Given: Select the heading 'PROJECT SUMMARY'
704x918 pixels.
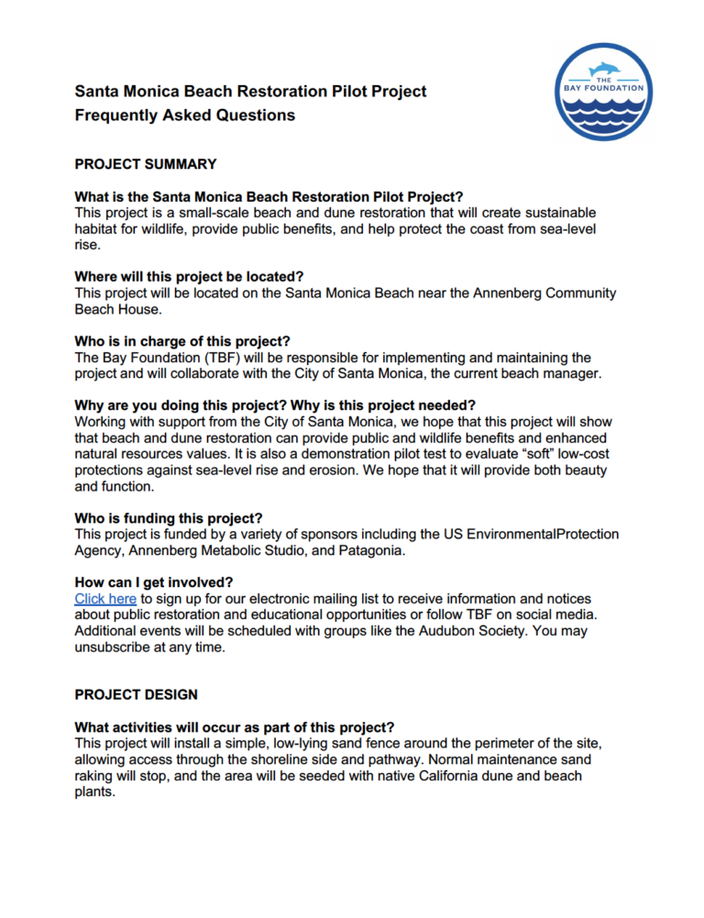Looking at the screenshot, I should (145, 165).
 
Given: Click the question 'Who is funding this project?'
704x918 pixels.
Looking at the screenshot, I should (168, 517).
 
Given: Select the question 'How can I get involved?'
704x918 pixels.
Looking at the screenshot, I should (154, 582).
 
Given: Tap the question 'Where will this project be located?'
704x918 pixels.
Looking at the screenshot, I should (189, 277).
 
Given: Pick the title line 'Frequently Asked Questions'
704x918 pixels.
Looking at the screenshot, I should (184, 116).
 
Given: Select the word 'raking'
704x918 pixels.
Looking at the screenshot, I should (97, 776).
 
